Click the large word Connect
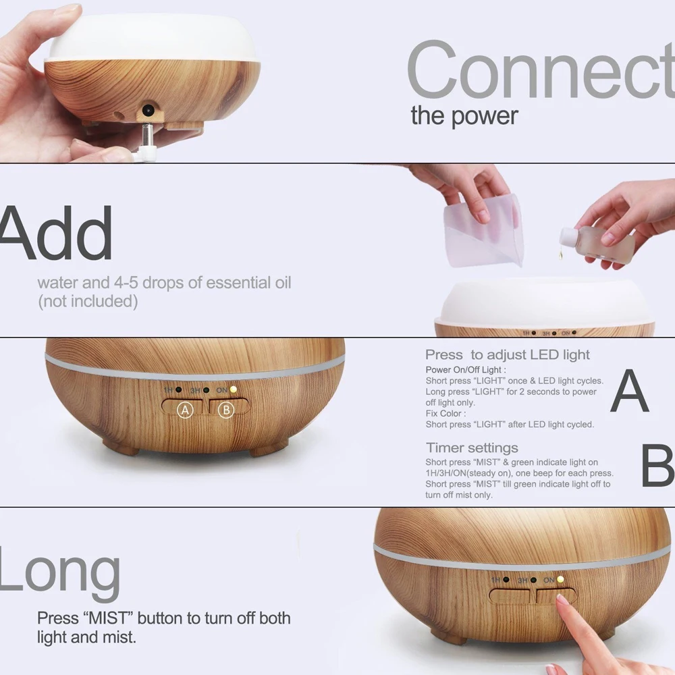click(x=540, y=71)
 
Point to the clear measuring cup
click(x=483, y=230)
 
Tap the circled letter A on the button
click(x=185, y=409)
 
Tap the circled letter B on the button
click(x=226, y=409)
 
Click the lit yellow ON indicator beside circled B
click(x=234, y=389)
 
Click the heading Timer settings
click(x=472, y=448)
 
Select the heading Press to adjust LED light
click(x=508, y=354)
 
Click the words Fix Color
click(x=446, y=413)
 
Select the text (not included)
click(x=88, y=301)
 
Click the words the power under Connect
click(x=464, y=115)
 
